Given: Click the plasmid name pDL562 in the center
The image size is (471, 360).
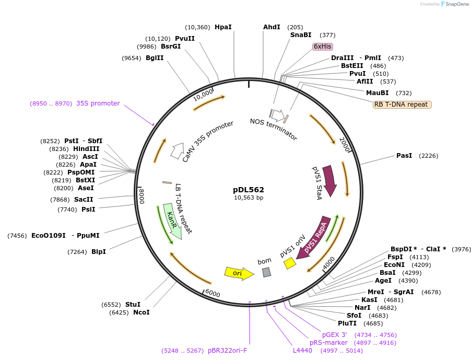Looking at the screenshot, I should click(x=249, y=190).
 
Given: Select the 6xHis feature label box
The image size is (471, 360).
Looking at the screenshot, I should click(x=323, y=47).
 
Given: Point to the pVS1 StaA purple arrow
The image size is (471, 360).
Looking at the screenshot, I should click(x=329, y=181).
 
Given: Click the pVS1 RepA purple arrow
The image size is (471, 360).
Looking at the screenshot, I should click(x=315, y=236).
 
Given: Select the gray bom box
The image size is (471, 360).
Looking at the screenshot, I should click(x=266, y=272).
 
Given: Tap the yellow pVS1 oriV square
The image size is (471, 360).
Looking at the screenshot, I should click(x=290, y=264).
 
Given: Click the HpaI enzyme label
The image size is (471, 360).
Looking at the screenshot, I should click(x=223, y=27).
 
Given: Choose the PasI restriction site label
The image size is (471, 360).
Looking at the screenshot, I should click(x=404, y=156).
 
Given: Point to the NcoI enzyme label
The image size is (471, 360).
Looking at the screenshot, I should click(x=141, y=312).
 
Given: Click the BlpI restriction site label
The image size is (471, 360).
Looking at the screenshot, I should click(x=98, y=252).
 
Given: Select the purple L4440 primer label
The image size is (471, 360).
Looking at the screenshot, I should click(x=302, y=351).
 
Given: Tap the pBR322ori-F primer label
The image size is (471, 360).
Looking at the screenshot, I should click(x=227, y=351).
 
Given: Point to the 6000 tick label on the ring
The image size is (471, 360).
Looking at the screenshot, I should click(x=213, y=293).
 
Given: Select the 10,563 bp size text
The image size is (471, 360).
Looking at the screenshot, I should click(x=249, y=198).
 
